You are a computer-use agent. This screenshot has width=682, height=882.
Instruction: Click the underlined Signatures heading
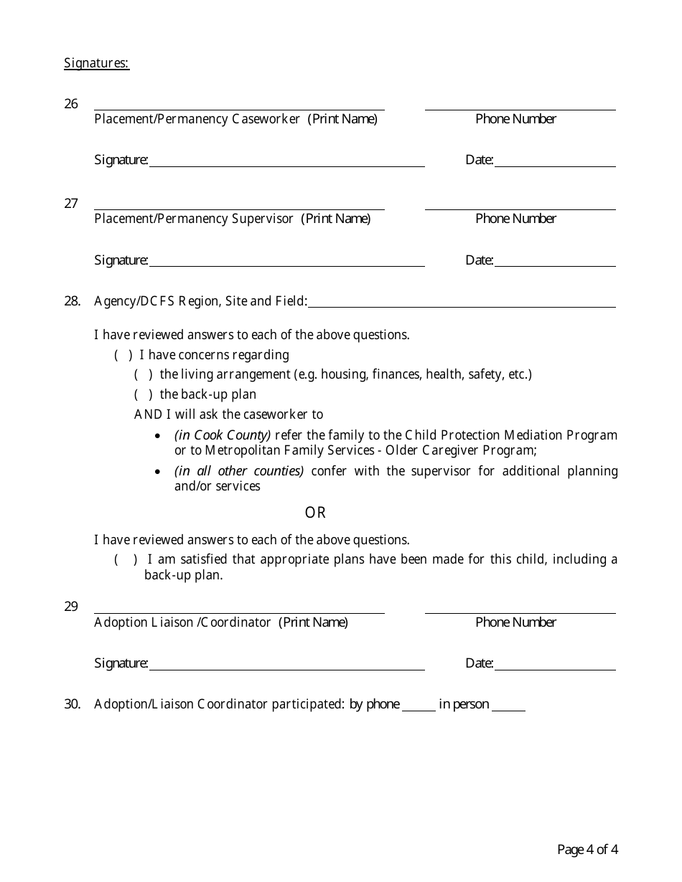pyautogui.click(x=96, y=63)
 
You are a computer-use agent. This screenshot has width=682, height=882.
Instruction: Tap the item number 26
pyautogui.click(x=71, y=104)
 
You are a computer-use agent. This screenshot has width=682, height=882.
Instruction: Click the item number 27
pyautogui.click(x=71, y=204)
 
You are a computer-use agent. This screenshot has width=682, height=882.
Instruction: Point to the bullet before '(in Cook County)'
pyautogui.click(x=158, y=436)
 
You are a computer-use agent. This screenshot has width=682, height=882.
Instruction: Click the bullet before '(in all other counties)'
pyautogui.click(x=158, y=472)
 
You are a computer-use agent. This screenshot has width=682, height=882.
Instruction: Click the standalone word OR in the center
pyautogui.click(x=315, y=513)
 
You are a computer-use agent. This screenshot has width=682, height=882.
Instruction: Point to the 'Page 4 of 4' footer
pyautogui.click(x=587, y=850)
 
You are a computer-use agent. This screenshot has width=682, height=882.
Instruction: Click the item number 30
pyautogui.click(x=72, y=704)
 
